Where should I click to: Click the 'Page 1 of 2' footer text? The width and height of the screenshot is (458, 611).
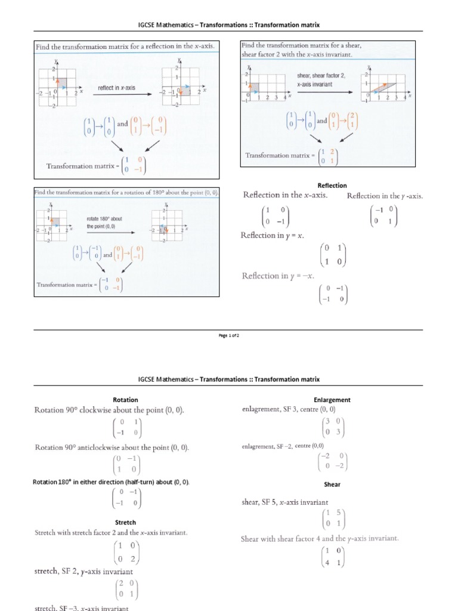click(x=229, y=335)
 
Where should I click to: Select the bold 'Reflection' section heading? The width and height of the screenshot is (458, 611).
click(x=332, y=186)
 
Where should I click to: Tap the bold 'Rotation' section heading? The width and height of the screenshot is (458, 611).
click(x=125, y=400)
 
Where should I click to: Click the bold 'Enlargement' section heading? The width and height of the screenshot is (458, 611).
click(x=332, y=400)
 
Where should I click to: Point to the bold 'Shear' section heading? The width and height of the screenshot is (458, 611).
click(x=332, y=485)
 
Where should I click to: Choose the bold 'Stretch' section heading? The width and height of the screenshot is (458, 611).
click(x=125, y=522)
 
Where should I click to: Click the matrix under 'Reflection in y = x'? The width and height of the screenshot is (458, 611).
click(x=333, y=255)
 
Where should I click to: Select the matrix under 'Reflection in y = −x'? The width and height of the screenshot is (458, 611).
click(x=333, y=294)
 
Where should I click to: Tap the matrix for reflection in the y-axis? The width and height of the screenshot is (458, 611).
click(x=383, y=215)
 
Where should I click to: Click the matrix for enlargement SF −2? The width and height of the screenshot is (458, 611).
click(x=333, y=461)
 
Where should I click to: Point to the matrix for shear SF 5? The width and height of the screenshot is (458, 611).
click(x=332, y=519)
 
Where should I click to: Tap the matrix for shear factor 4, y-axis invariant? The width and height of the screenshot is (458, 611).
click(x=332, y=556)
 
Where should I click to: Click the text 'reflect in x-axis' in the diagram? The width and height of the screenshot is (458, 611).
click(x=116, y=88)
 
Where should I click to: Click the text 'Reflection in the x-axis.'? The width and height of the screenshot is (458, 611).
click(x=285, y=196)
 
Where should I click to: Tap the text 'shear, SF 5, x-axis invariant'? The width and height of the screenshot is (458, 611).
click(x=285, y=502)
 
